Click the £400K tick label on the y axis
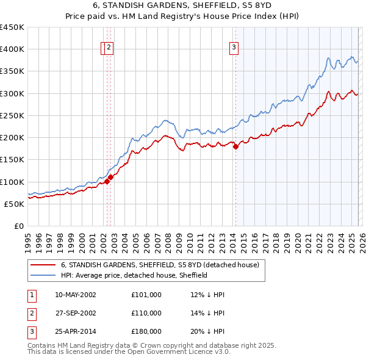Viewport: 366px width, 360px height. [x=12, y=49]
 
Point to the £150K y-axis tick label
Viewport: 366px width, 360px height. [x=12, y=159]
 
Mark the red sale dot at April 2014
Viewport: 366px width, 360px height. [x=236, y=146]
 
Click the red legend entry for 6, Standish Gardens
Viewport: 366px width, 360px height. [x=160, y=265]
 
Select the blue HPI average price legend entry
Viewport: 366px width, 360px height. [x=134, y=275]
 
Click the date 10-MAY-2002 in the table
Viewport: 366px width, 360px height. [x=75, y=295]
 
